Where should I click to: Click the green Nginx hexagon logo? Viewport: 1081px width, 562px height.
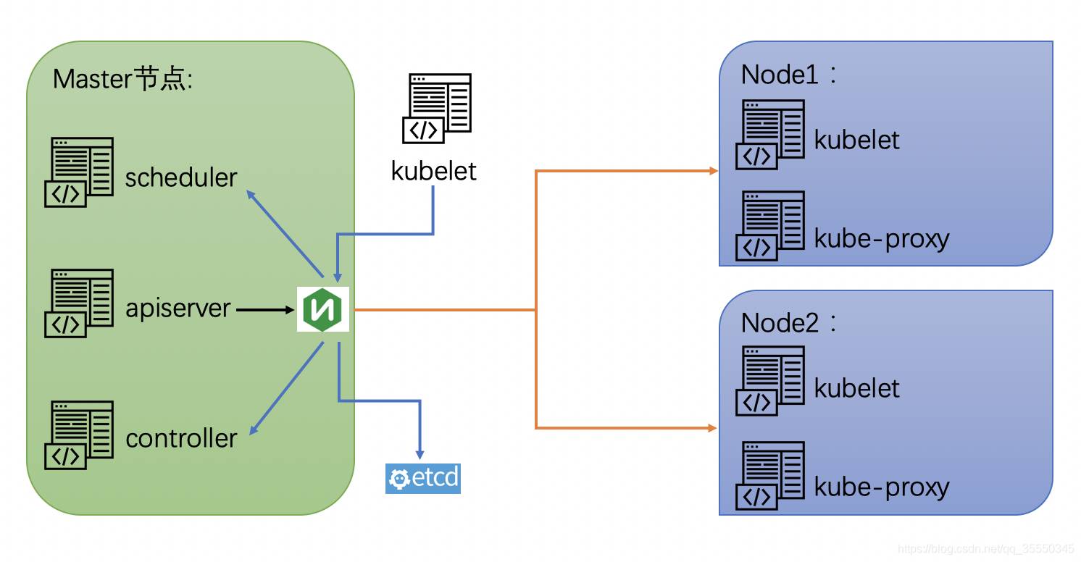point(323,310)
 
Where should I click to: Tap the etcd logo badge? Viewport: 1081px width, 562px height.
point(423,478)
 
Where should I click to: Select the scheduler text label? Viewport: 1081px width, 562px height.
point(181,177)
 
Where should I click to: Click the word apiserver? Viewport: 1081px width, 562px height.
point(178,309)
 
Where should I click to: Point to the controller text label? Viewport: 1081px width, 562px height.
point(181,438)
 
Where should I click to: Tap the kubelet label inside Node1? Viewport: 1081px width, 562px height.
point(856,139)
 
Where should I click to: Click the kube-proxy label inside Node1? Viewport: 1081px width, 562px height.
point(882,238)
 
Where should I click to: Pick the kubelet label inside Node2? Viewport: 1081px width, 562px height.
point(856,388)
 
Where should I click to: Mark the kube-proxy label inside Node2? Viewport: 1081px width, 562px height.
point(882,487)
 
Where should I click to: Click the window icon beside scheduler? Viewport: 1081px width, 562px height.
point(79,172)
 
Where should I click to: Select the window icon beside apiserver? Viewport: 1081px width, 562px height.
point(79,303)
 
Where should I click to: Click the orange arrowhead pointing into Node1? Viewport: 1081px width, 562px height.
point(713,171)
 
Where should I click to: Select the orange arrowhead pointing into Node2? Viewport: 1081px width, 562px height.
point(713,428)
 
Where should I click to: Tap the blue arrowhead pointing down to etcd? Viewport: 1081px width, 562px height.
point(420,453)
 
